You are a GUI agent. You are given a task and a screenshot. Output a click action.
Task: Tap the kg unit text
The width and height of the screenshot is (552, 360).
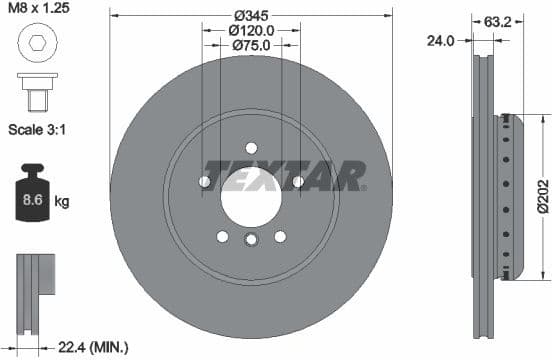(62, 202)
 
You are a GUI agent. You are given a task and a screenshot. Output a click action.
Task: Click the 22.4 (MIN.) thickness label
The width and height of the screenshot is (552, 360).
(94, 347)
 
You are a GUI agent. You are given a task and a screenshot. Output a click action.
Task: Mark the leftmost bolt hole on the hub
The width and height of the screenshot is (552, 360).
(204, 182)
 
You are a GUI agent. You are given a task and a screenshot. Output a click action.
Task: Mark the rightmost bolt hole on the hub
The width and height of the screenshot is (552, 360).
(298, 181)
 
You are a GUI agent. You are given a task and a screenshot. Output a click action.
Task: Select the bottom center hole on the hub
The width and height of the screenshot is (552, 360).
(251, 237)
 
